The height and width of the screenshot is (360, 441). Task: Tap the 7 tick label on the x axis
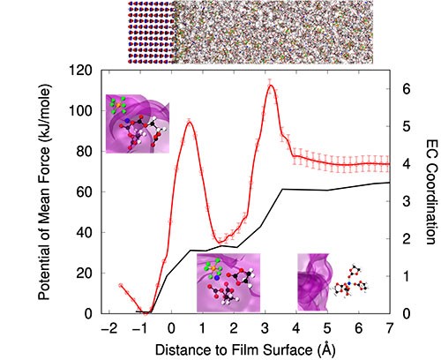tap(390, 328)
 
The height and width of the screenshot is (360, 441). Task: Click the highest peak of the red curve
tap(271, 86)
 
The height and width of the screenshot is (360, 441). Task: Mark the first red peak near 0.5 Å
tap(189, 122)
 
